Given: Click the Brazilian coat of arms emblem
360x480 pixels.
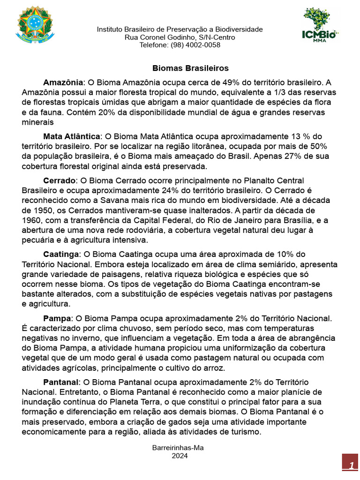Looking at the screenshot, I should pyautogui.click(x=36, y=24).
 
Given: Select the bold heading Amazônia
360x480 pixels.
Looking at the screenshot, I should pyautogui.click(x=63, y=82).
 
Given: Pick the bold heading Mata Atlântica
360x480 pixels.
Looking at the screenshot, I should pyautogui.click(x=72, y=136).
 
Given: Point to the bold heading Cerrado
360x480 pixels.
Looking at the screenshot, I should pyautogui.click(x=60, y=180).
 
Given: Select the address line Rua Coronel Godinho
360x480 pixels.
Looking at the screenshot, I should pyautogui.click(x=180, y=37).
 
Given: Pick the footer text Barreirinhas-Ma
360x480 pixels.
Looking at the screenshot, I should pyautogui.click(x=178, y=448).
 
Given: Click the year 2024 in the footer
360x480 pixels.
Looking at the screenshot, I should pyautogui.click(x=180, y=455).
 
